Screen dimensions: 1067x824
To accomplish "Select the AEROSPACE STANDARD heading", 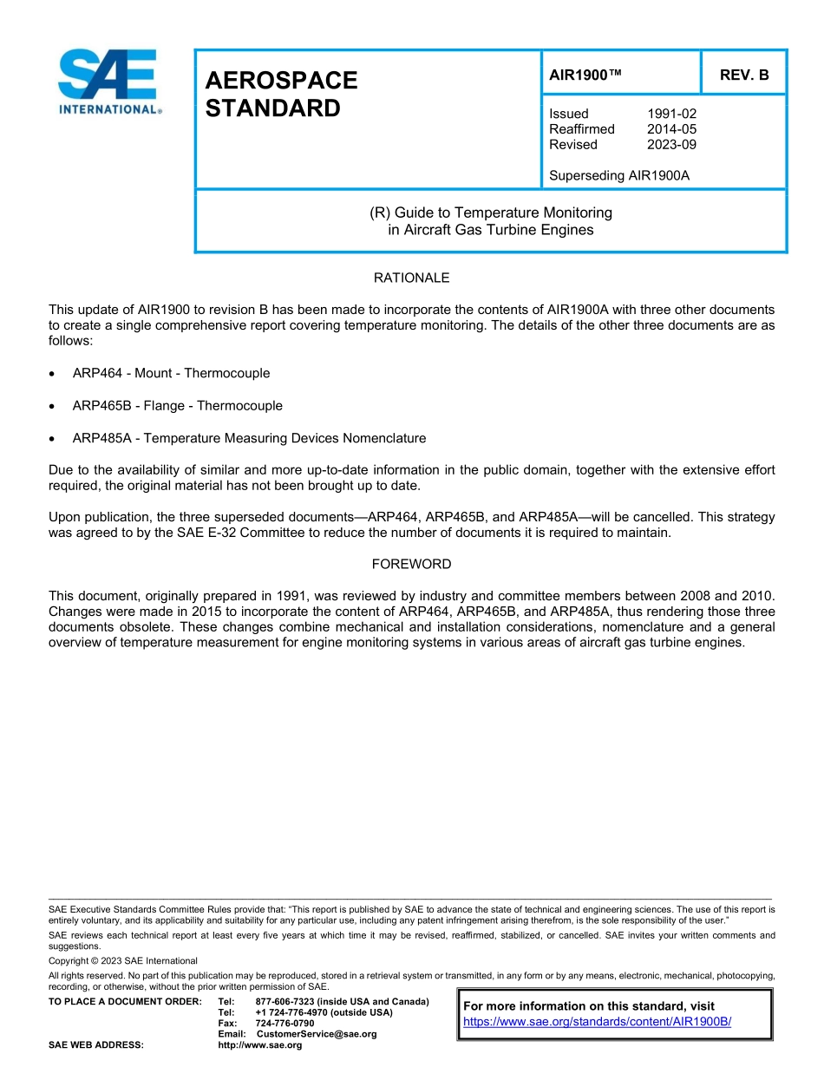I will [281, 95].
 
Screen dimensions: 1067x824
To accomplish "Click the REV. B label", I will [744, 75].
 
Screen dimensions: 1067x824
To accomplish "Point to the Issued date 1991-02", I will [671, 114].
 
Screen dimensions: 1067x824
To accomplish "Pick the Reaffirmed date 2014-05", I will [671, 129].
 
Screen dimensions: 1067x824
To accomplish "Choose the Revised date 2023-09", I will [671, 145].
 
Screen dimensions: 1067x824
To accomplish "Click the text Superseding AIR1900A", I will [618, 176].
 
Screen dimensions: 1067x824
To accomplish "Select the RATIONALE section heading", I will [411, 278].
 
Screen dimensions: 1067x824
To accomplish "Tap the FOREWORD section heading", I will [411, 565].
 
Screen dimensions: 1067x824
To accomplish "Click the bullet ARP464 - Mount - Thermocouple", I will [171, 374].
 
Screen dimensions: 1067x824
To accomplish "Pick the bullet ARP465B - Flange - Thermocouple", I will [177, 406].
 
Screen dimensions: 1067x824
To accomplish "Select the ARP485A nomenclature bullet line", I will [249, 439].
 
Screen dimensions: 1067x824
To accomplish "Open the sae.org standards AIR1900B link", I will [598, 1022].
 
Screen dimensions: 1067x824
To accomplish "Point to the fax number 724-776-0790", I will [284, 1024].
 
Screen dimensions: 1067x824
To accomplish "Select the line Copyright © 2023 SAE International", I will [123, 961].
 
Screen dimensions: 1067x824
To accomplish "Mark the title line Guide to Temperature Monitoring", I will [491, 213].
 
